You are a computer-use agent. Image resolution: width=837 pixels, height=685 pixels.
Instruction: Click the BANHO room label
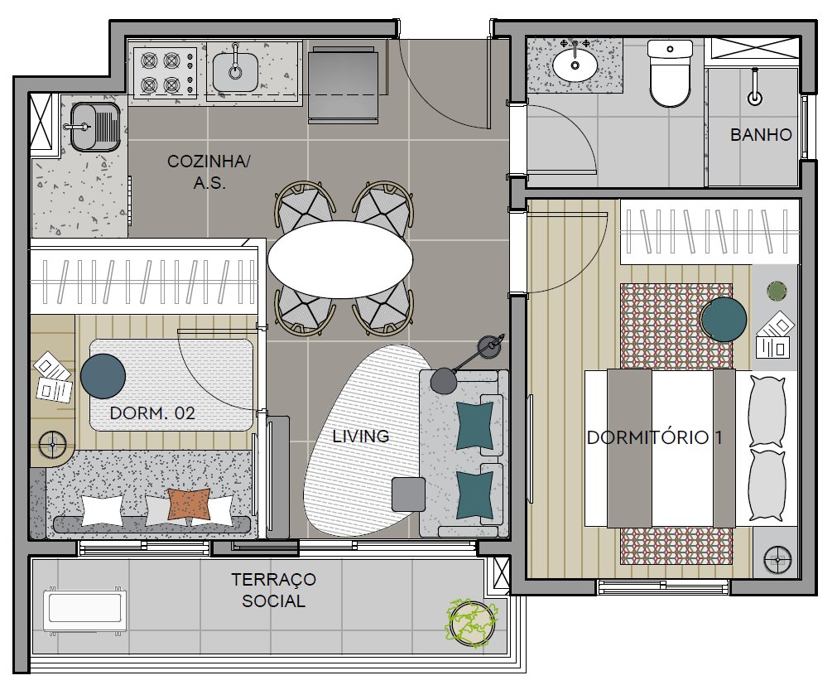tap(761, 134)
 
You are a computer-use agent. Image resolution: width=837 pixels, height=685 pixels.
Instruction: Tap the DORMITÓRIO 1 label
tap(654, 437)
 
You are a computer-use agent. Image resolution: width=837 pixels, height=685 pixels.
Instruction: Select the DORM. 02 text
tap(152, 412)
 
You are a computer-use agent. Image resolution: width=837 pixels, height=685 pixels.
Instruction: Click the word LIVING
tap(361, 437)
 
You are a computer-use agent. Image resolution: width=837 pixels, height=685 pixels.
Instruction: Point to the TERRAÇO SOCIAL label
tap(273, 590)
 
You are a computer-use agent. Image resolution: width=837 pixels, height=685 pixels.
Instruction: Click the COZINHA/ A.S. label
tap(209, 172)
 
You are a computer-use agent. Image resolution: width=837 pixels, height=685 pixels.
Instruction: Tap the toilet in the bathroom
tap(670, 73)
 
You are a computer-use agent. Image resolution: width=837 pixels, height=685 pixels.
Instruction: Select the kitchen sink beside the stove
tap(235, 72)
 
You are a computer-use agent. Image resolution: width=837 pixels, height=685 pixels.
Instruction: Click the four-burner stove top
tap(165, 73)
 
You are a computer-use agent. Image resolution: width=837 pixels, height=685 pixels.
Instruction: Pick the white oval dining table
tap(340, 259)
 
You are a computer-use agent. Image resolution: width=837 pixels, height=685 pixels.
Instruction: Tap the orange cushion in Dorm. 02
tap(189, 504)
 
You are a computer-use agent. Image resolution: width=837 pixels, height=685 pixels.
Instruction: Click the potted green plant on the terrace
tap(472, 623)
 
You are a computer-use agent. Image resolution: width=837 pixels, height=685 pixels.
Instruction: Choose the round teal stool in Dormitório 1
tap(724, 319)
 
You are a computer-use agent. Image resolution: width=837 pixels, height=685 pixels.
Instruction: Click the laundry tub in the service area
tap(95, 127)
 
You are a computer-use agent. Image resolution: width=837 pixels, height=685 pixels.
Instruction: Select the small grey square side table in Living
tap(409, 494)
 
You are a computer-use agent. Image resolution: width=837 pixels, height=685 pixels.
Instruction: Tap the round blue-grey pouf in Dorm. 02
tap(103, 376)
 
